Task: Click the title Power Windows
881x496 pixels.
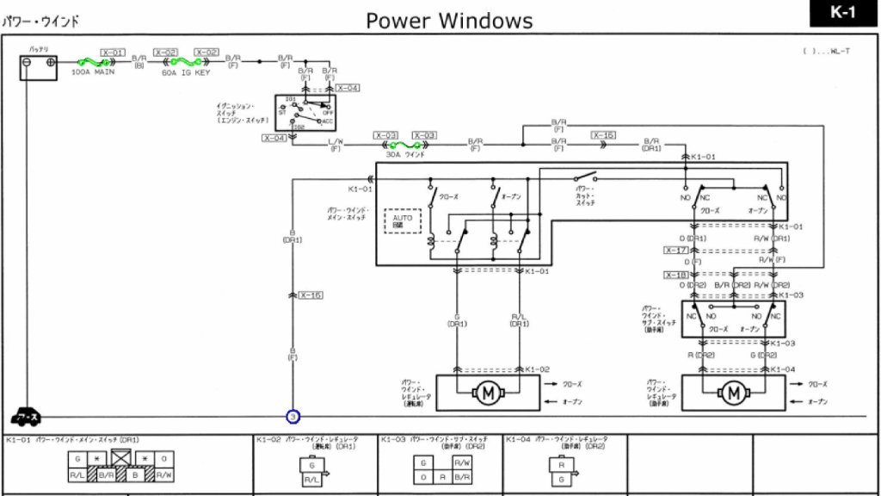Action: [449, 20]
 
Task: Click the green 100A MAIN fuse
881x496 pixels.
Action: [92, 62]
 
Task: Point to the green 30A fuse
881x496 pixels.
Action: [399, 145]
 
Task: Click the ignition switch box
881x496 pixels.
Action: [305, 112]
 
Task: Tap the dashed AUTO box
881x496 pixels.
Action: [403, 221]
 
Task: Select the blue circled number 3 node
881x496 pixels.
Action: [293, 417]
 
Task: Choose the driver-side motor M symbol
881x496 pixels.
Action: [488, 394]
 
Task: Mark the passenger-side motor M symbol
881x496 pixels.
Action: [733, 394]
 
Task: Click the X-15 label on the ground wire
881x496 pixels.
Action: [311, 295]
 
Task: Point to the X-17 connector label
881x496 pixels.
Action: [676, 250]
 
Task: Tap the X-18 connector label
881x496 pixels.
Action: [676, 275]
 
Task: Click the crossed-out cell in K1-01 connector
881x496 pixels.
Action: [120, 458]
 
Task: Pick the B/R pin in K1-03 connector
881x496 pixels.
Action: [461, 476]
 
